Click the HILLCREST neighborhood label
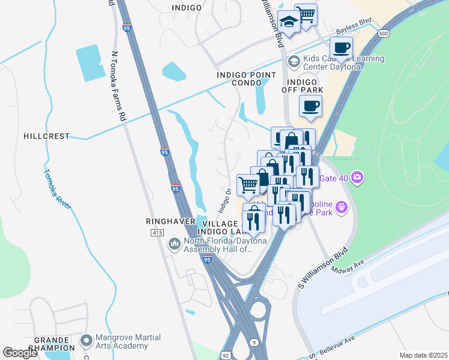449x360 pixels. [46, 136]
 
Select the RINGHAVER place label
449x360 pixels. [170, 221]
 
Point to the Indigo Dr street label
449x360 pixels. [224, 200]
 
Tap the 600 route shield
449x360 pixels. [384, 34]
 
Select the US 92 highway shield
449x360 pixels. [224, 355]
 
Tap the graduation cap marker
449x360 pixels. [289, 23]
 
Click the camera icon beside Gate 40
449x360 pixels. [358, 177]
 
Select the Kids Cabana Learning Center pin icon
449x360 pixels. [293, 61]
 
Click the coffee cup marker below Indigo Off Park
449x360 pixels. [310, 106]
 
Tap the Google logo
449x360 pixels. [20, 353]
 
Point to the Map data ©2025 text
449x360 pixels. [423, 355]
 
